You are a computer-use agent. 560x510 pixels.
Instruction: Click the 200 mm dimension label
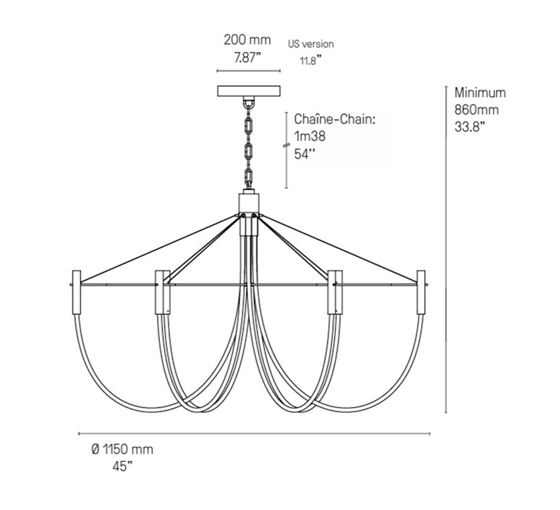[x=247, y=40]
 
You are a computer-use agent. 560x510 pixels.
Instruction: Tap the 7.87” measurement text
[x=248, y=57]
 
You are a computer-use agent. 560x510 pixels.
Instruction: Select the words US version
[x=310, y=44]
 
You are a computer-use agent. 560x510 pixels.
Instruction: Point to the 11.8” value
[x=308, y=60]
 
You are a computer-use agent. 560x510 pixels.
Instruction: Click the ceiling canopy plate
[x=249, y=91]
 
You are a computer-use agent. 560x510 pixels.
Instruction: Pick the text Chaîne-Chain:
[x=335, y=119]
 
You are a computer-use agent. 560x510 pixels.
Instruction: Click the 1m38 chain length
[x=310, y=136]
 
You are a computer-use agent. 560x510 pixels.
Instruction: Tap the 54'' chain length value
[x=305, y=153]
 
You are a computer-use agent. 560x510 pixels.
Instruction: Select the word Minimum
[x=480, y=93]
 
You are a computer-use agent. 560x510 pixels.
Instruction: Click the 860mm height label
[x=476, y=110]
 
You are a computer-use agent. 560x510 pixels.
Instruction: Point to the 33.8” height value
[x=470, y=127]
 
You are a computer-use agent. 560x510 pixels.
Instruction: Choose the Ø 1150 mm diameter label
[x=122, y=449]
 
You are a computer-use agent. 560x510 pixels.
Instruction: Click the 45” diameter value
[x=122, y=467]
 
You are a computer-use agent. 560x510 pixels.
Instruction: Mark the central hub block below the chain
[x=249, y=203]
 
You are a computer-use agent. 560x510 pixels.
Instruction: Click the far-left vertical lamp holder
[x=77, y=292]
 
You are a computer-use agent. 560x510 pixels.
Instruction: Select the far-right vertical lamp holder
[x=421, y=292]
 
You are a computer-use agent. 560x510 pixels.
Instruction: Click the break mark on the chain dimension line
[x=286, y=145]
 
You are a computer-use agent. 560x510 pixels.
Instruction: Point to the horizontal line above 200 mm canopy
[x=249, y=71]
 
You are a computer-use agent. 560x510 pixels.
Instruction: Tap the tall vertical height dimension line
[x=446, y=250]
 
